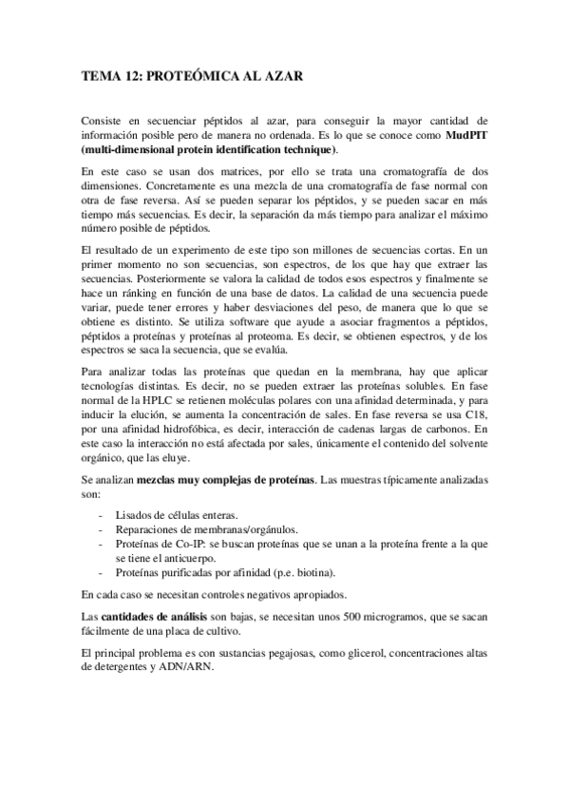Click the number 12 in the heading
point(128,78)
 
